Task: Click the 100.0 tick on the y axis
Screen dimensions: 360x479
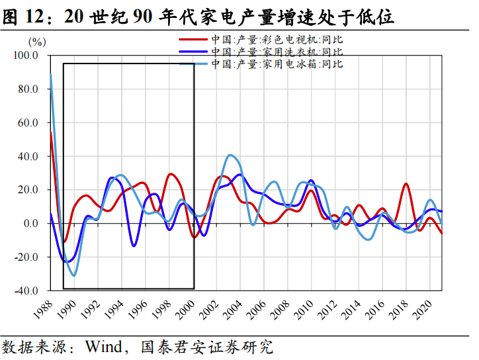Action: (26, 56)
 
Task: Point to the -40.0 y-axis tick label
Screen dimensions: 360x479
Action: (26, 291)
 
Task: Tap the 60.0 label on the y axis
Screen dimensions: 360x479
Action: (27, 123)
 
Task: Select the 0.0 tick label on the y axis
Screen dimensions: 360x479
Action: (30, 224)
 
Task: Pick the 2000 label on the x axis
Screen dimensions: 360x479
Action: (187, 310)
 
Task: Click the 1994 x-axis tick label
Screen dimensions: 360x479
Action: (114, 310)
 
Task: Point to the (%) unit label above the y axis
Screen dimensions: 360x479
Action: (37, 42)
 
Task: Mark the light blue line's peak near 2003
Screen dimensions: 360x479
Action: (230, 156)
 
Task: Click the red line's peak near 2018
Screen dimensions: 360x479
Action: (406, 184)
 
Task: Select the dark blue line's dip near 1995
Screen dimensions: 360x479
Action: (134, 246)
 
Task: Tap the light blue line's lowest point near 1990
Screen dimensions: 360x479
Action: (73, 275)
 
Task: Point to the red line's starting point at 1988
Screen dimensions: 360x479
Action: (50, 132)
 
